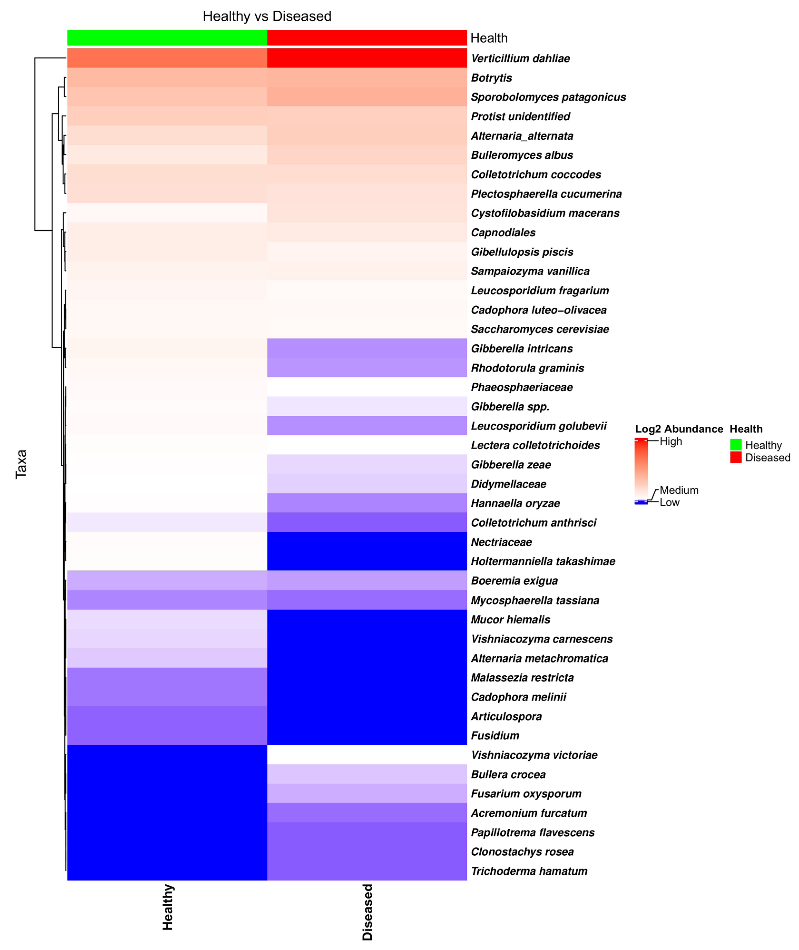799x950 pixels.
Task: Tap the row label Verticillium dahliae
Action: [x=520, y=58]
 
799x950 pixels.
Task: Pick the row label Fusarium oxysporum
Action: [x=526, y=794]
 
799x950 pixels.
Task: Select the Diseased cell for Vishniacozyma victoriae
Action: [x=367, y=755]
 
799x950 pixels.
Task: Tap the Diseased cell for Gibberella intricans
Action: [x=367, y=348]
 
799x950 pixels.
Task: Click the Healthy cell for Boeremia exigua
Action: [x=167, y=581]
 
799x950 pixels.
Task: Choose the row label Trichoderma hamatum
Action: [x=529, y=871]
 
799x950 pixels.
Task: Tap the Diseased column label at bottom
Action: [x=367, y=912]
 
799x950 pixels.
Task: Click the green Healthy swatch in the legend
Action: [x=736, y=445]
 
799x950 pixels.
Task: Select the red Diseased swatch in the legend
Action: [x=736, y=458]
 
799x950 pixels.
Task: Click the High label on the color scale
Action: [x=671, y=441]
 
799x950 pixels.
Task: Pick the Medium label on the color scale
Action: [x=678, y=490]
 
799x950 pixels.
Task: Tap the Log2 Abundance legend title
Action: [x=678, y=429]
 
